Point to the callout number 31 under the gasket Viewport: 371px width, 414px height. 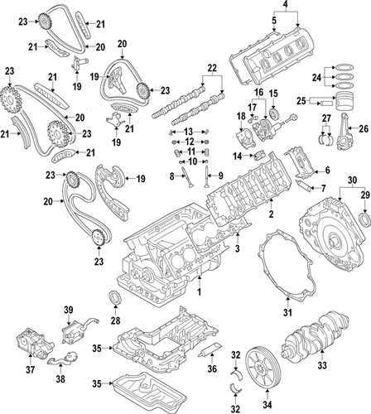pos(287,312)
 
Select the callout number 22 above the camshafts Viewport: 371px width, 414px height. pos(211,66)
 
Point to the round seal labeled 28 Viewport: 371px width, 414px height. pos(115,299)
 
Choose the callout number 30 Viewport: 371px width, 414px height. pos(352,180)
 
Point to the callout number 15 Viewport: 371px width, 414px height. pos(274,93)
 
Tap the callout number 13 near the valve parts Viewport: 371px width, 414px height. pos(188,132)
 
